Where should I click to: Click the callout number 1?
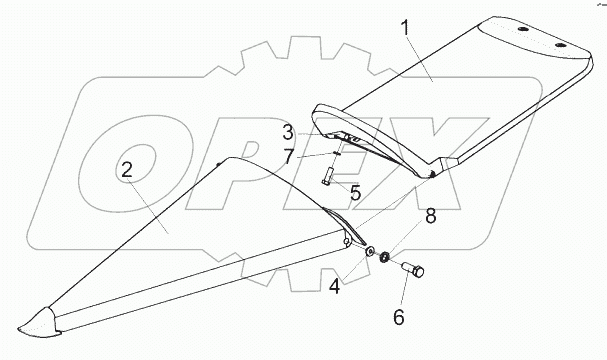pos(405,28)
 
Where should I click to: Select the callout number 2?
pos(127,170)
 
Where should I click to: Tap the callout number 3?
pos(288,132)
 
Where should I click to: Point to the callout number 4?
pos(335,287)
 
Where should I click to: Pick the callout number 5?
pos(355,192)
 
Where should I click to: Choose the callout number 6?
pos(399,317)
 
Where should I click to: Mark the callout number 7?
pos(288,157)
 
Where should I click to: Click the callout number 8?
pos(430,216)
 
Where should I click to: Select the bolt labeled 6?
pos(413,269)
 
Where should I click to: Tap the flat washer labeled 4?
pos(370,251)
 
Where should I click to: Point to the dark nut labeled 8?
pos(384,257)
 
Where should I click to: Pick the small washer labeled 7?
pos(336,153)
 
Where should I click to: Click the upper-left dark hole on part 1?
pos(522,29)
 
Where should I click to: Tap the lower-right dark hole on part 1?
pos(559,45)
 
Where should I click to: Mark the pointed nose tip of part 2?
pos(18,329)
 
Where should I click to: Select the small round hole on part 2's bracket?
pos(346,242)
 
